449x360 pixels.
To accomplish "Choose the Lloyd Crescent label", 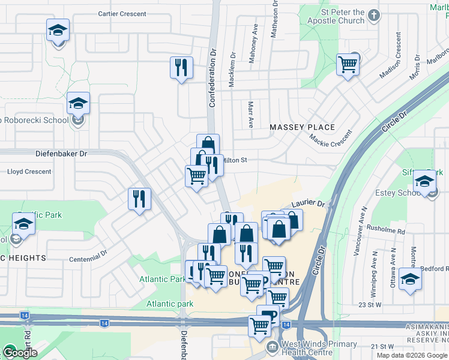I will [x=29, y=172].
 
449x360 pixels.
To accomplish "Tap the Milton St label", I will [x=235, y=160].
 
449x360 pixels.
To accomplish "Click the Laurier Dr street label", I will [x=309, y=205].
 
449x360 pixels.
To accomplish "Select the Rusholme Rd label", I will [x=385, y=231].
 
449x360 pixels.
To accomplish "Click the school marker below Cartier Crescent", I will [x=58, y=30].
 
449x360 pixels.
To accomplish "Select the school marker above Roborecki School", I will [x=78, y=104].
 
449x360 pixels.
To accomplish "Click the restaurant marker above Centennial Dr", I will [x=140, y=199].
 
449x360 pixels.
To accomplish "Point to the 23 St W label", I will [x=370, y=305].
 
